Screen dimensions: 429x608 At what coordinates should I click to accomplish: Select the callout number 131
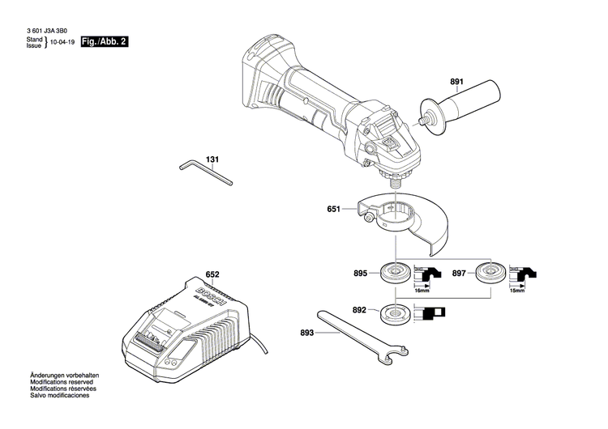click(212, 159)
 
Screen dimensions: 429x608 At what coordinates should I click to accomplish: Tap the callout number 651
click(334, 209)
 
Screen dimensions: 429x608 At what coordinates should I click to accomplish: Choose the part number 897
click(458, 274)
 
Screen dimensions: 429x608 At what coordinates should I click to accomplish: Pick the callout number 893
click(305, 331)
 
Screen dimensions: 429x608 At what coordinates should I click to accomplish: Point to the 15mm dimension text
click(517, 290)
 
